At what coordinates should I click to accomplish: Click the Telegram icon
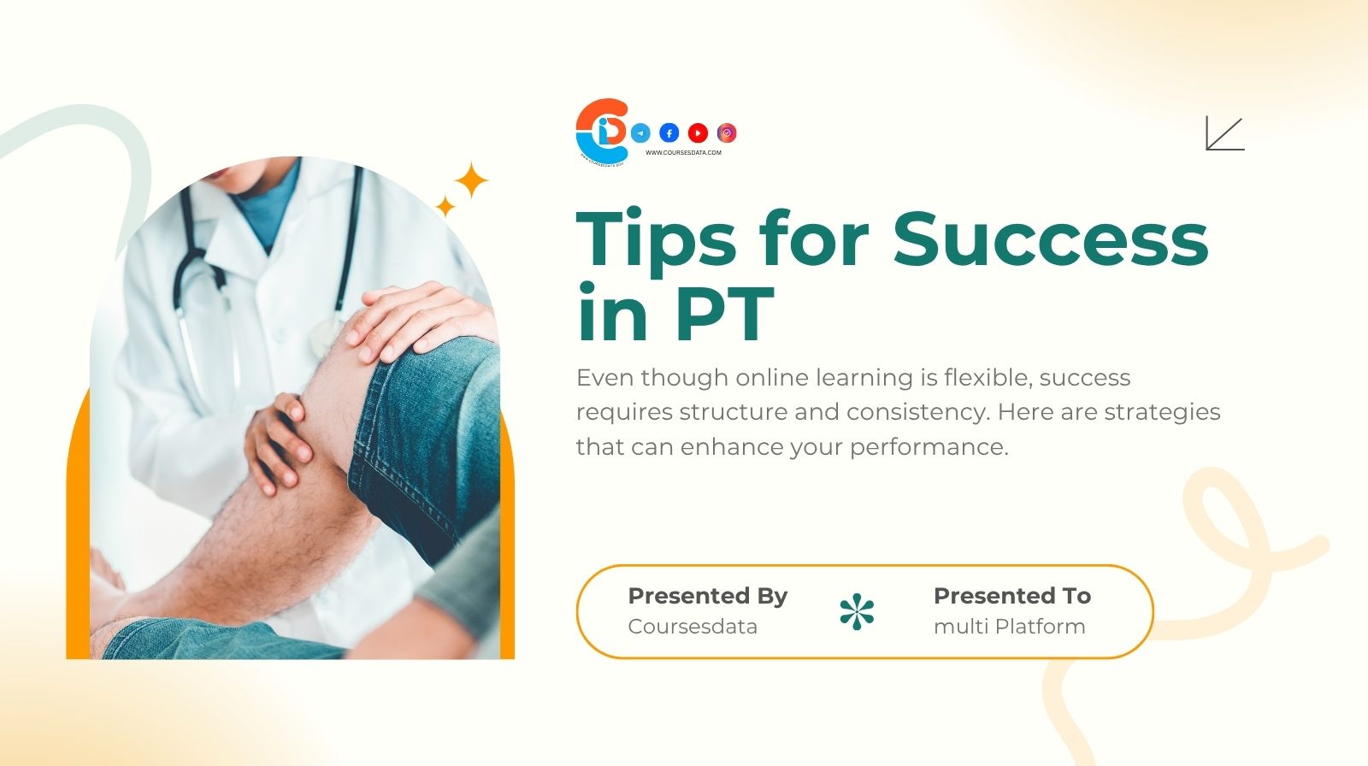640,133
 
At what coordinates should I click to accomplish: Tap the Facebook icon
669,133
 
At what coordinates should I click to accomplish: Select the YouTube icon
698,133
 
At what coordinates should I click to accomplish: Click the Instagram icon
727,133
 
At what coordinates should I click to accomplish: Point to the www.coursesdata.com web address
683,153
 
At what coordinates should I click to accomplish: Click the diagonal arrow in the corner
1224,133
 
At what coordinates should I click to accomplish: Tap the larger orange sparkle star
470,180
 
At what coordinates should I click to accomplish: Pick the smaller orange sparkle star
445,206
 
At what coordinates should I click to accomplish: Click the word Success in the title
1051,239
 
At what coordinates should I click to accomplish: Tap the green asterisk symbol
857,612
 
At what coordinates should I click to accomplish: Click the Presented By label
707,596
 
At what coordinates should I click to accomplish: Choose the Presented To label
1011,596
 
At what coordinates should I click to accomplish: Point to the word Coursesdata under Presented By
693,627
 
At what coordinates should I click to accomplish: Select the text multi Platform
1009,627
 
